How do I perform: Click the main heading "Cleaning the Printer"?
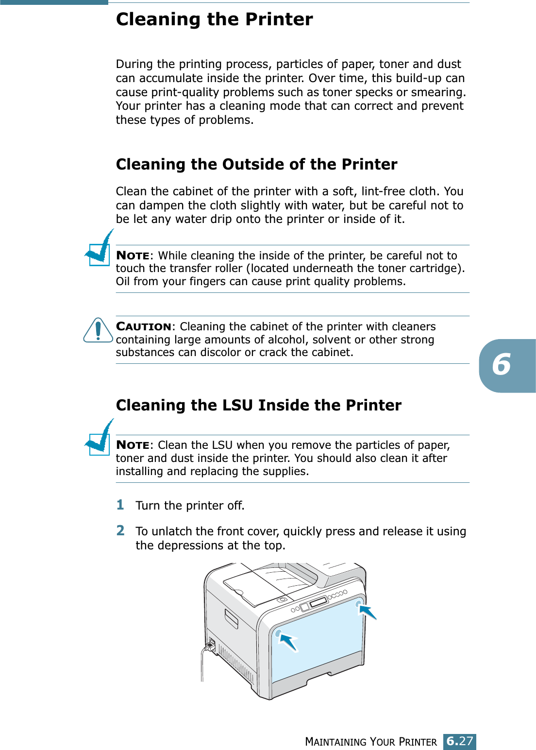click(x=214, y=19)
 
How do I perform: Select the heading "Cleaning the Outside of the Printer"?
click(x=257, y=164)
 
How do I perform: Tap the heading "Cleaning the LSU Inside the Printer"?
click(x=259, y=405)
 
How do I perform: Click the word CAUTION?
click(x=144, y=326)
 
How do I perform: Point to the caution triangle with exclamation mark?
click(x=98, y=330)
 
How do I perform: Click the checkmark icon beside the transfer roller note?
click(x=99, y=248)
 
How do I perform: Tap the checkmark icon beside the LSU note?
click(x=99, y=437)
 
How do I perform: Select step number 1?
click(x=120, y=505)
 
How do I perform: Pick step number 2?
click(x=120, y=530)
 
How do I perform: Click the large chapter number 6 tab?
click(x=507, y=365)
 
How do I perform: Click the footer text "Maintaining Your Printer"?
click(x=371, y=742)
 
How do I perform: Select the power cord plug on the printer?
click(x=210, y=645)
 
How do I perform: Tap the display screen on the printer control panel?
click(x=318, y=603)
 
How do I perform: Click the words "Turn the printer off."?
click(x=190, y=505)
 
